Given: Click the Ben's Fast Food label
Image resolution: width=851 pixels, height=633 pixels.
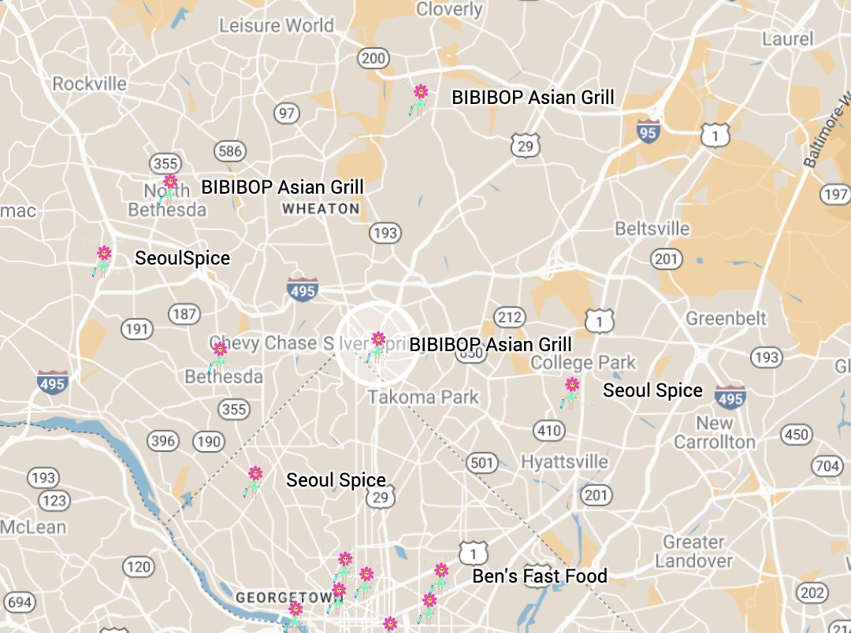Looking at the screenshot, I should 540,576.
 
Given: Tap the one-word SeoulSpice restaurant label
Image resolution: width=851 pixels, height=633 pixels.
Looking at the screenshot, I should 183,258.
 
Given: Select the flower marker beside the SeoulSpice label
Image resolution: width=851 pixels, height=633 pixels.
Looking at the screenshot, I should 103,258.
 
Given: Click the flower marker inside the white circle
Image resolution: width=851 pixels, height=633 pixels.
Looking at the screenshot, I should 377,344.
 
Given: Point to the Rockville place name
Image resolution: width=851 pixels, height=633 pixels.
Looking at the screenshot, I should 89,83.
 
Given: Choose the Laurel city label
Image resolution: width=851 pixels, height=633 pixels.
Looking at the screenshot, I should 787,39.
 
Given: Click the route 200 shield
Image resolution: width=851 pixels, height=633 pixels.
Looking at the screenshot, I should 373,57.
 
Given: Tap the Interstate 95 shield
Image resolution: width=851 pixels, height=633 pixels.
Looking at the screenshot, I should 648,131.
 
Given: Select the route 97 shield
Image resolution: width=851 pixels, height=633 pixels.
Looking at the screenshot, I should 287,113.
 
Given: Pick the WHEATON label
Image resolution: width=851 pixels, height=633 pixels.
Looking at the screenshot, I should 321,209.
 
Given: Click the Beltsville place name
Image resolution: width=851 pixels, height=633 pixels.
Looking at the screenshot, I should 652,229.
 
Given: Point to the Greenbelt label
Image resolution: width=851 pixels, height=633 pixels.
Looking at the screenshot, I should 726,318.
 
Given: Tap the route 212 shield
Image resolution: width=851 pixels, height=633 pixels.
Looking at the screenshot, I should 510,318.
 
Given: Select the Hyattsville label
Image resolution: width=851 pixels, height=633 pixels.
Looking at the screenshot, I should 564,461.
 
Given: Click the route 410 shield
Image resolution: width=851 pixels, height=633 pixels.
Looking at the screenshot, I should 548,430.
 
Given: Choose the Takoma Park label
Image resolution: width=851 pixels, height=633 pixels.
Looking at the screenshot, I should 423,397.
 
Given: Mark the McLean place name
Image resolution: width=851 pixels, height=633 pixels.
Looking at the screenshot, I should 33,527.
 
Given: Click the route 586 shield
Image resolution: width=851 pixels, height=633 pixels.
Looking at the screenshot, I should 230,151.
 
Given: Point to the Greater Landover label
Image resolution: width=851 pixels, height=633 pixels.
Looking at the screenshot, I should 693,551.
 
